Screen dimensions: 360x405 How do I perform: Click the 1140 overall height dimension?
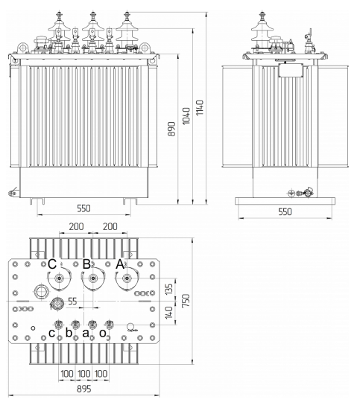(x=200, y=108)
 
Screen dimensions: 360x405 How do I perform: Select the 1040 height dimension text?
(x=186, y=116)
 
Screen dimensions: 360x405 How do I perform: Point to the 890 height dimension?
(x=171, y=129)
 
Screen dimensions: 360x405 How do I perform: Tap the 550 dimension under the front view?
(x=84, y=208)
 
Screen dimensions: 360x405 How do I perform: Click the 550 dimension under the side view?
(x=285, y=211)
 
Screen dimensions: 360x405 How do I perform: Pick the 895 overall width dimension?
(x=84, y=389)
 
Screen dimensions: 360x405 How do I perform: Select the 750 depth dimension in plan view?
(x=186, y=301)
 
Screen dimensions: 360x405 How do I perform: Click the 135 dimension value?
(x=168, y=290)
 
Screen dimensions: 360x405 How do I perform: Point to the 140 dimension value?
(x=168, y=313)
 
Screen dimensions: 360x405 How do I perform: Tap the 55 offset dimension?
(x=73, y=302)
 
